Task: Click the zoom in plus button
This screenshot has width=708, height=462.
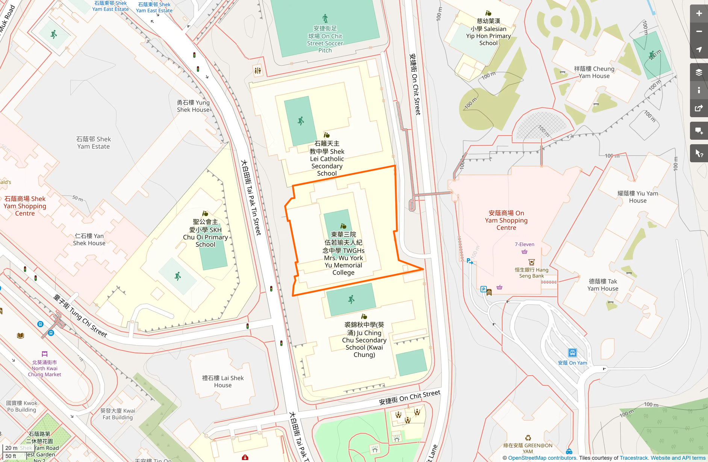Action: (x=699, y=14)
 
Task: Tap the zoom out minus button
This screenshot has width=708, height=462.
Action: (x=699, y=32)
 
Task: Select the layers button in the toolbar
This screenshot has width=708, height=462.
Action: (x=699, y=72)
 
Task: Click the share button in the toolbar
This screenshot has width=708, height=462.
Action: (x=699, y=109)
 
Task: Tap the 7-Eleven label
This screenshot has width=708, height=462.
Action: (x=524, y=245)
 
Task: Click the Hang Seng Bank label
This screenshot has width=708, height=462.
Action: (x=531, y=273)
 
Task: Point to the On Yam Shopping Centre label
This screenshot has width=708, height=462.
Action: (x=506, y=220)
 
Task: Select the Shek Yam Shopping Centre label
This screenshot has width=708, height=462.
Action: (x=25, y=206)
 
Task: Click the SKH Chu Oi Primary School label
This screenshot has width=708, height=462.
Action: (x=205, y=233)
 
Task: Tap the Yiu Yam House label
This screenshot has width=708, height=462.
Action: (x=638, y=197)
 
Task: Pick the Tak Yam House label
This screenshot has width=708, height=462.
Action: (x=603, y=285)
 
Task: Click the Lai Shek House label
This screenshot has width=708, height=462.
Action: (x=223, y=381)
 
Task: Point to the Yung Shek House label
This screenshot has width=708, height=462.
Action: (x=193, y=106)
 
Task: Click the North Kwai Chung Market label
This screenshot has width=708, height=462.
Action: (x=44, y=368)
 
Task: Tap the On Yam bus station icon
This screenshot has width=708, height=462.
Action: (x=572, y=353)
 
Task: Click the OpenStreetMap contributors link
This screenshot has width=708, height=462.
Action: (x=542, y=458)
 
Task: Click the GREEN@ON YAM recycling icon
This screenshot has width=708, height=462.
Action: (x=528, y=438)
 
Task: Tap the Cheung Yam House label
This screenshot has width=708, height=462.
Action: (x=594, y=72)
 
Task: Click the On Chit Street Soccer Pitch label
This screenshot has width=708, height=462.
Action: (x=325, y=39)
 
